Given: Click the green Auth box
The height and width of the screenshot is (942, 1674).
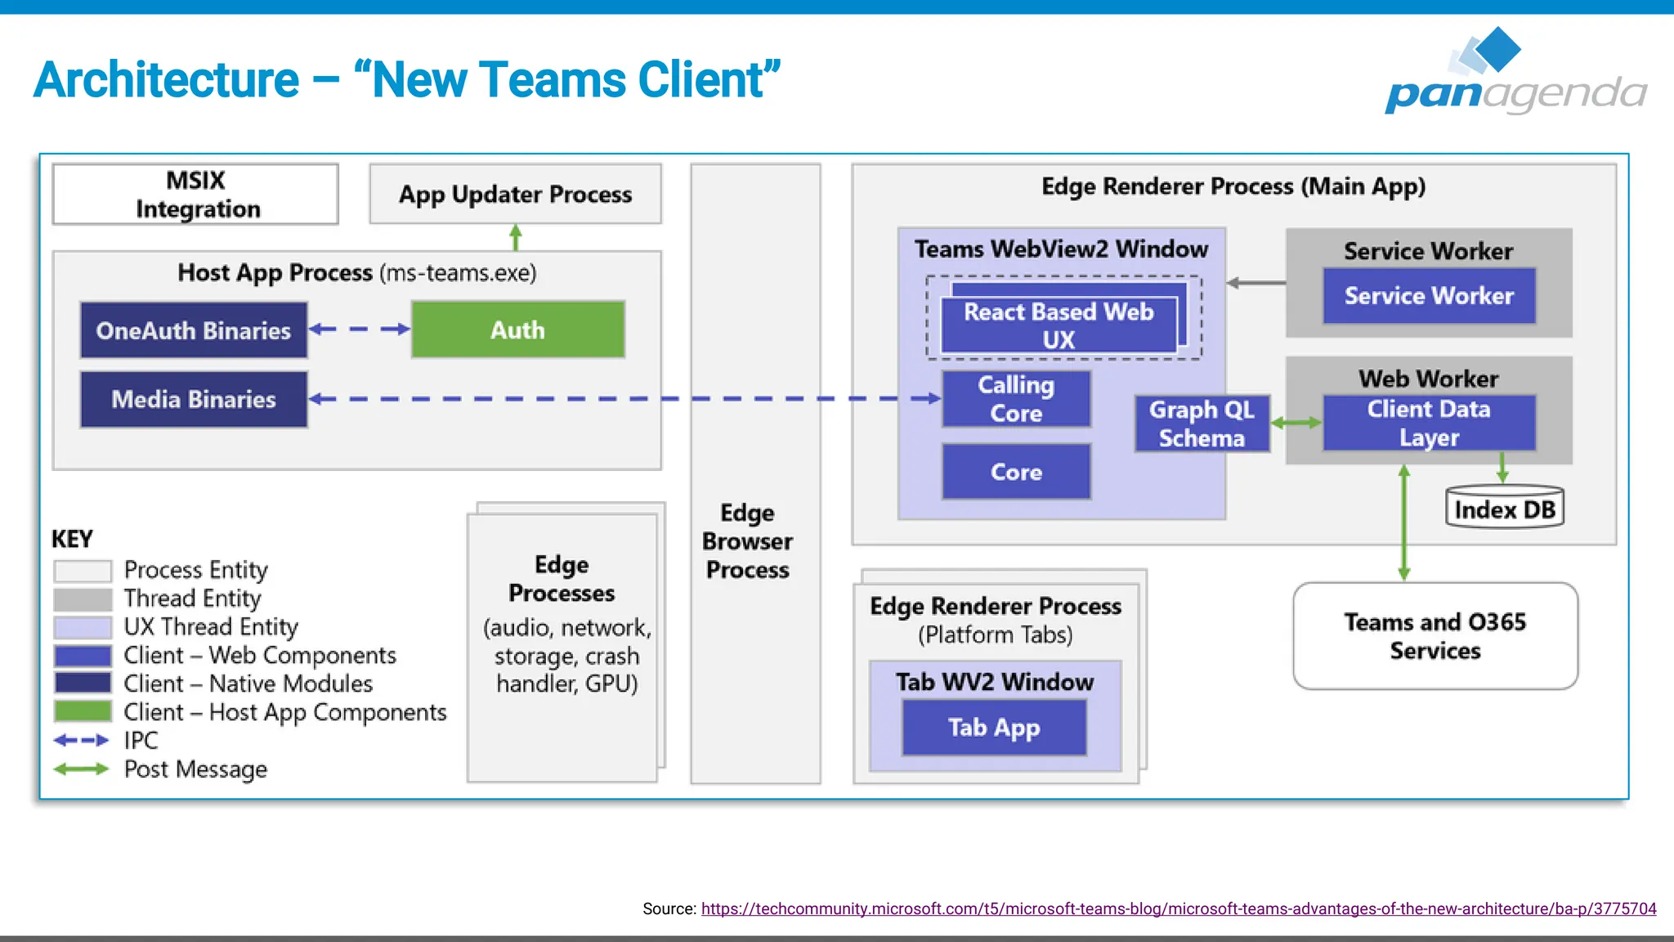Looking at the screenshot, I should tap(517, 330).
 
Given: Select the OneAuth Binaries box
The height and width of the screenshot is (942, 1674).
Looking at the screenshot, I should tap(194, 330).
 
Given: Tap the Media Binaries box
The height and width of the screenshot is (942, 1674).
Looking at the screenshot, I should tap(194, 399).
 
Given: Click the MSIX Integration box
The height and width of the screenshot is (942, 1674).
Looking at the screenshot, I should tap(195, 195).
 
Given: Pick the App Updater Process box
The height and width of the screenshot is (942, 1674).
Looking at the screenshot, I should tap(515, 195).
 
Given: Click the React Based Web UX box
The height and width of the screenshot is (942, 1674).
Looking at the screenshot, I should tap(1058, 325).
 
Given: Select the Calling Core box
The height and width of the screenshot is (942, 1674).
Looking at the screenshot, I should tap(1016, 399).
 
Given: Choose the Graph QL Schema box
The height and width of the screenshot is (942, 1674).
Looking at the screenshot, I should tap(1202, 424).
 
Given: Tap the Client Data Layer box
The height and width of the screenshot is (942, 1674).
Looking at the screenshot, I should tap(1428, 423).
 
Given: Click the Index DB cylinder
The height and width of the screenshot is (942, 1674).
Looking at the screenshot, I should tap(1504, 509).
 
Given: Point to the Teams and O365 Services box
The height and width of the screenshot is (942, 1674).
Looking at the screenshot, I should tap(1435, 636).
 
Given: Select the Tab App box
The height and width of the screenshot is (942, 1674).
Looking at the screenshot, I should tap(994, 727).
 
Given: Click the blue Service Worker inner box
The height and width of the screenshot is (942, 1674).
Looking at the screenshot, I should tap(1429, 296).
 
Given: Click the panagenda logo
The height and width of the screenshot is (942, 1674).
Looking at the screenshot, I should tap(1515, 74).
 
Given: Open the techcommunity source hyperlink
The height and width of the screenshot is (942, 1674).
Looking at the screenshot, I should tap(1178, 908).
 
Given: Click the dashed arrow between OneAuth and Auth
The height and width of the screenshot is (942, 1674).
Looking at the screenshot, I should tap(360, 330).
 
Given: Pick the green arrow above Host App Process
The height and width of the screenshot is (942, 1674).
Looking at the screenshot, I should tap(516, 237).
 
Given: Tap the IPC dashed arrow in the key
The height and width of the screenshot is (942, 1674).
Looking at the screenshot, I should tap(81, 741).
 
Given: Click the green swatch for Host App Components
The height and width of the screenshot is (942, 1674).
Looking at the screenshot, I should tap(83, 711).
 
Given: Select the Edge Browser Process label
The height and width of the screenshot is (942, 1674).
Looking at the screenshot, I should tap(747, 541).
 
